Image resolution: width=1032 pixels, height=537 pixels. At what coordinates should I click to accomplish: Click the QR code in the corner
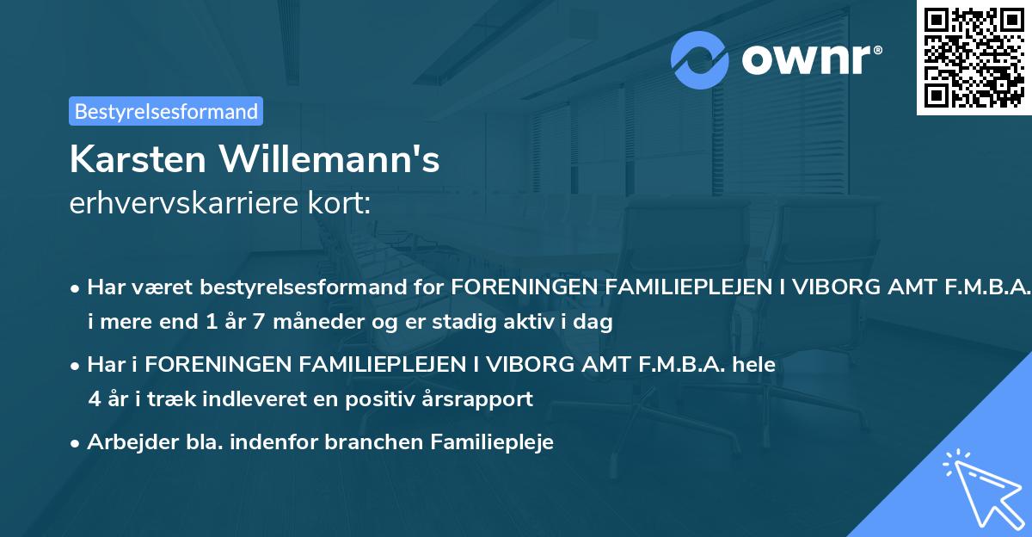pos(974,58)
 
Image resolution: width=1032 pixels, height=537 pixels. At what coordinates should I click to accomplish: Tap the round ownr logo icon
pos(701,59)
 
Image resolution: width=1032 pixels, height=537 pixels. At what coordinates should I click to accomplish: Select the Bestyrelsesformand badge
pos(166,111)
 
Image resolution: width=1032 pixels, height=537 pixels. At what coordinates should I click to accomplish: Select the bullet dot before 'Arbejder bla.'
pos(76,443)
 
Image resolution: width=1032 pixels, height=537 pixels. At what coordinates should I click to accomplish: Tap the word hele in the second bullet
pos(756,365)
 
